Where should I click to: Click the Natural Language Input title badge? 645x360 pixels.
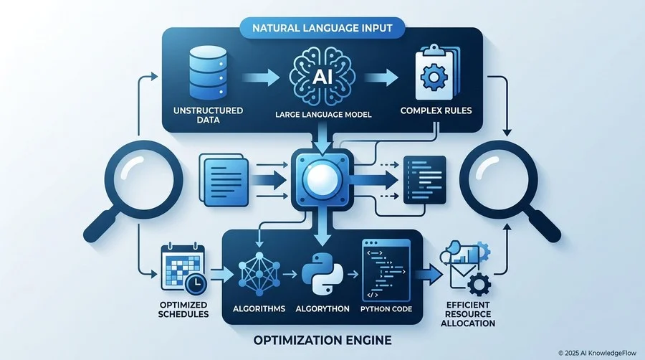[x=322, y=28]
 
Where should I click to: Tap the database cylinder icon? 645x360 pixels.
[x=208, y=72]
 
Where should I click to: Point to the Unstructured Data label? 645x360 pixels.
[x=208, y=115]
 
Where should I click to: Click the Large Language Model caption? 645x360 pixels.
[x=323, y=114]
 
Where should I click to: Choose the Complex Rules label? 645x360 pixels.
[x=436, y=110]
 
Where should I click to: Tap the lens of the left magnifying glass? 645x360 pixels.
[x=143, y=179]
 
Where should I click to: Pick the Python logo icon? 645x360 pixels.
[x=322, y=274]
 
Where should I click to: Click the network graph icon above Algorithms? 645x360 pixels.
[x=259, y=274]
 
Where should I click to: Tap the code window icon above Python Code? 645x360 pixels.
[x=386, y=270]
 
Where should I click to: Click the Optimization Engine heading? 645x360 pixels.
[x=322, y=340]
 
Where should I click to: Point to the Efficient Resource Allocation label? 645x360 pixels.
[x=468, y=314]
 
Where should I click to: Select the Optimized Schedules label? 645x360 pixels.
[x=183, y=309]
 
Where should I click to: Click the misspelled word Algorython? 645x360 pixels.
[x=322, y=308]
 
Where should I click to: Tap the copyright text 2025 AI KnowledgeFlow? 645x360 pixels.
[x=597, y=353]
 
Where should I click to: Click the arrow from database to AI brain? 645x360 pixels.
[x=261, y=77]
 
